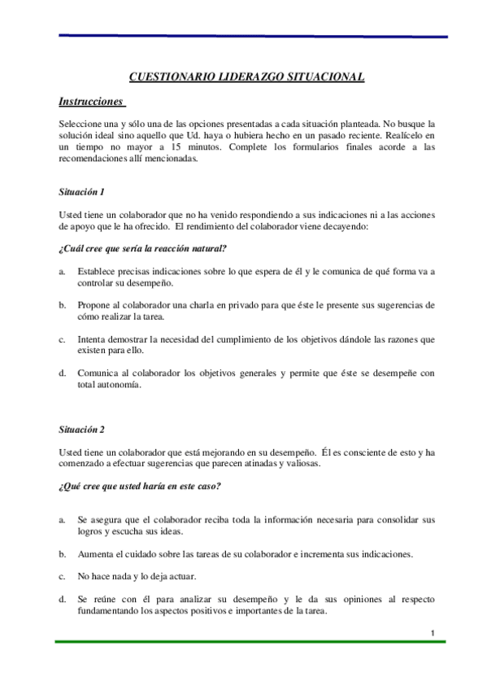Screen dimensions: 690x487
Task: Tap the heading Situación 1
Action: click(x=81, y=192)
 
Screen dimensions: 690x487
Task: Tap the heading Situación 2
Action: click(x=81, y=429)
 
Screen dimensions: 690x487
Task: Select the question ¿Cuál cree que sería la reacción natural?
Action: click(x=142, y=247)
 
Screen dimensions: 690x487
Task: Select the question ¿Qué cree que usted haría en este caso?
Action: click(x=140, y=487)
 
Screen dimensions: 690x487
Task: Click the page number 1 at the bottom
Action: click(x=433, y=633)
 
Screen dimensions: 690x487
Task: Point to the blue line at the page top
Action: click(x=252, y=37)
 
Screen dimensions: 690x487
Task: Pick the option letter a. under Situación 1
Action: click(x=63, y=270)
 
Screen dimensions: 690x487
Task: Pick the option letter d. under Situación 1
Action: click(x=63, y=373)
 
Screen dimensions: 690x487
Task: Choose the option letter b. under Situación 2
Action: click(x=63, y=554)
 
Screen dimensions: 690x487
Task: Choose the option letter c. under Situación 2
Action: click(x=63, y=576)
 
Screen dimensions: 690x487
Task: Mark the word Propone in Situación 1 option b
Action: click(x=95, y=305)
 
